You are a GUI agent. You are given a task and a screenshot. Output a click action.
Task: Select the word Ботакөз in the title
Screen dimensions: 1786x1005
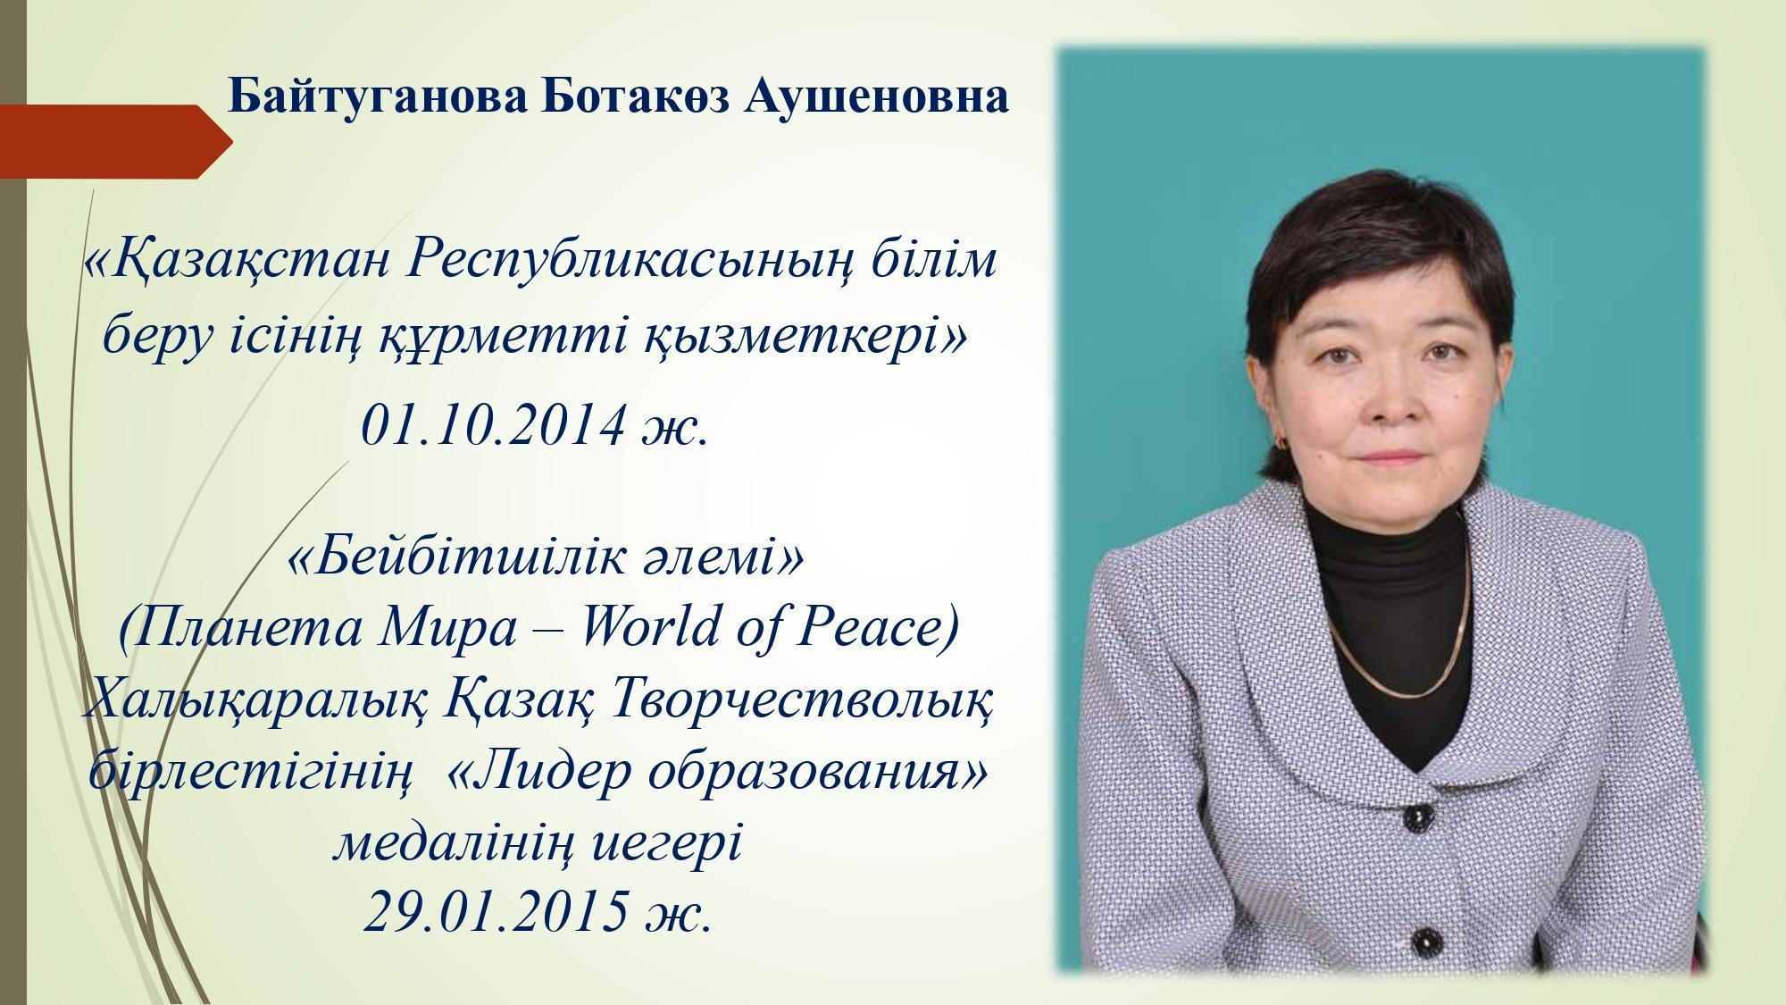(x=635, y=96)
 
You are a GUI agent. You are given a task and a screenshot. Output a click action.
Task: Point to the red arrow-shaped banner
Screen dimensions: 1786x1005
(x=116, y=141)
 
